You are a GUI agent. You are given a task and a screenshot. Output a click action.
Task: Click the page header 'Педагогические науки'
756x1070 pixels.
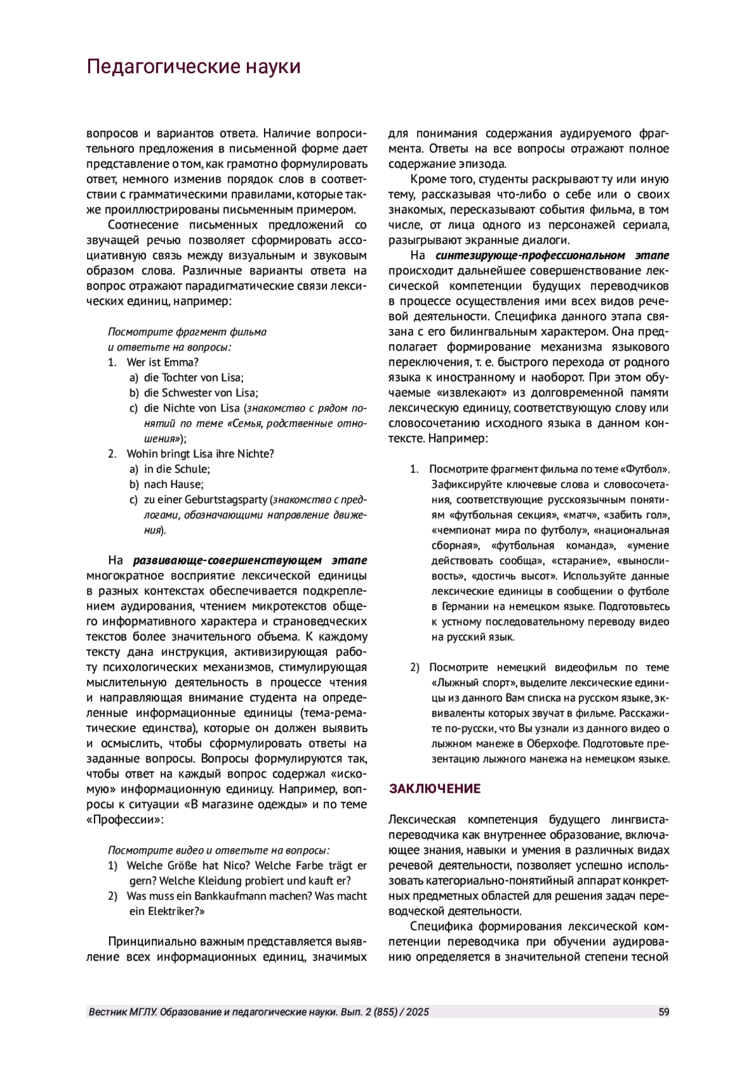[x=193, y=67]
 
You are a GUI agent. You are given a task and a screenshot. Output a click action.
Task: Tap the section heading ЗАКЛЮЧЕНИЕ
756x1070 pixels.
[x=435, y=789]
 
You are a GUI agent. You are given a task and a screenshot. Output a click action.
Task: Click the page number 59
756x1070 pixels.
[x=663, y=1012]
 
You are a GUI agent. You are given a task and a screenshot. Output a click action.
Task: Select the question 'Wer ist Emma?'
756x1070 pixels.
[x=163, y=363]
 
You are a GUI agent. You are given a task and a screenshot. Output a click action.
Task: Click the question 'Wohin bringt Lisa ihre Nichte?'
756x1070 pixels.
[x=200, y=454]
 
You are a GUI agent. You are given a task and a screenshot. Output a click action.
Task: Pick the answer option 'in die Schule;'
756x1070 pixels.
[x=177, y=469]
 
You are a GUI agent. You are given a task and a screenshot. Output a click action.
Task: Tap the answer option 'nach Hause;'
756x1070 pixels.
[x=174, y=484]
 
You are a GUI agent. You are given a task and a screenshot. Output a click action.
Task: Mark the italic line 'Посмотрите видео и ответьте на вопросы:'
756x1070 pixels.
[x=219, y=850]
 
